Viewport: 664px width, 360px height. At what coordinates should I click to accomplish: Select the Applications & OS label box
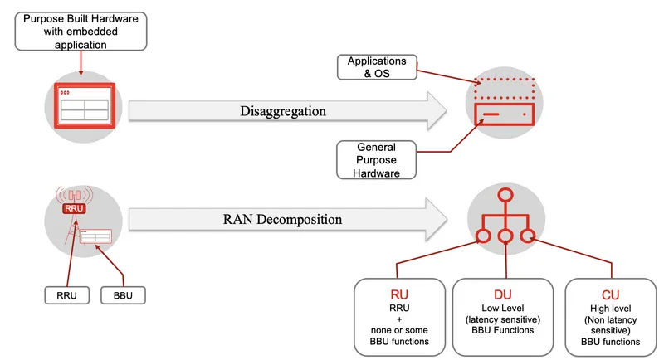(x=376, y=67)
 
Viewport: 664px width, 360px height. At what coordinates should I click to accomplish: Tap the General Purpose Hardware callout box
(x=375, y=159)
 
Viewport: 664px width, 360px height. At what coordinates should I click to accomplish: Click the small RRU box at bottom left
(x=65, y=294)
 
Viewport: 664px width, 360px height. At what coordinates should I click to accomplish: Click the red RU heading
(x=399, y=294)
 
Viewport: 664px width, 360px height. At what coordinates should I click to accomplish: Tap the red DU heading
(x=503, y=294)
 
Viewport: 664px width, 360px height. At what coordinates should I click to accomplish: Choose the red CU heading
(x=610, y=294)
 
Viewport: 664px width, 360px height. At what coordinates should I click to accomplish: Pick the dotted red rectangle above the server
(x=505, y=85)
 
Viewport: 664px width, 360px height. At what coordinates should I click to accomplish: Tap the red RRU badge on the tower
(x=75, y=208)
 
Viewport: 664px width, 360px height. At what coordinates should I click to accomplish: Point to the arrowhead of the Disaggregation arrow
(x=437, y=111)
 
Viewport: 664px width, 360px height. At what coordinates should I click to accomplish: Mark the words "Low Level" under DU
(x=503, y=309)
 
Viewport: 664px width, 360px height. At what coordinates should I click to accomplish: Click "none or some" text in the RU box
(x=399, y=329)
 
